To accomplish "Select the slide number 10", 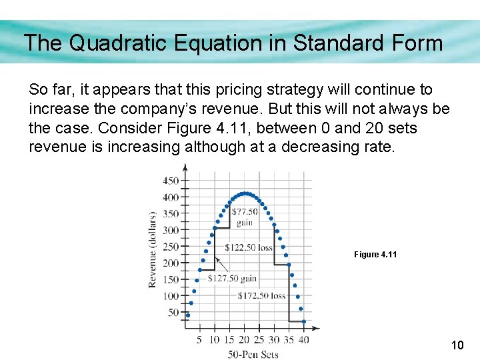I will [457, 345].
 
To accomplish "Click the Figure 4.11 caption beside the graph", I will [375, 255].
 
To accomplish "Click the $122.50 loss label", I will [248, 247].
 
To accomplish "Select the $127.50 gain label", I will [232, 278].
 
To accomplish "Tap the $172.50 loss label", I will [261, 295].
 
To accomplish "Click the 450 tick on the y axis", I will [171, 181].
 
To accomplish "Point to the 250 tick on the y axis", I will [171, 247].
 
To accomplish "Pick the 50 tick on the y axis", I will [173, 312].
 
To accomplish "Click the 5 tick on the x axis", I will [199, 340].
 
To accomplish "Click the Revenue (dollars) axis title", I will [153, 249].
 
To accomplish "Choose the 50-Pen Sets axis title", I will [253, 354].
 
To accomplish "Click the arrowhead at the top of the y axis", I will [185, 167].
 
